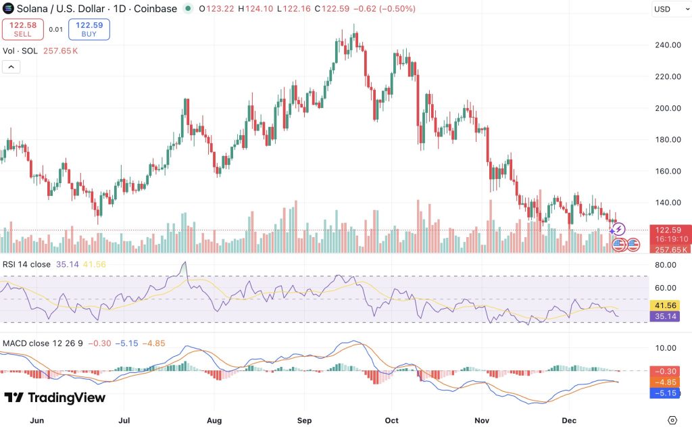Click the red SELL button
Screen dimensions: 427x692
22,29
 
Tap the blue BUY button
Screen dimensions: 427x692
89,29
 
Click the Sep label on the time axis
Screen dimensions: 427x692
305,419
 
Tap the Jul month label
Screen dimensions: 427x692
126,419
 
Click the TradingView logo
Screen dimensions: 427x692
55,398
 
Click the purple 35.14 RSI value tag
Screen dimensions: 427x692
668,316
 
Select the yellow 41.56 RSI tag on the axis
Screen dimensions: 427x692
668,305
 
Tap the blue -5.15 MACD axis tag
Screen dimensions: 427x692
668,393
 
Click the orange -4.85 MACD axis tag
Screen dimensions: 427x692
668,382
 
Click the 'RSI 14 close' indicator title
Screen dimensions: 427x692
26,264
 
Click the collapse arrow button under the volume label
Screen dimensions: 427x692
11,66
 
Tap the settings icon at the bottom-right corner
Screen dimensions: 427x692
672,419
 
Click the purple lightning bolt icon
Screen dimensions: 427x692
618,230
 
